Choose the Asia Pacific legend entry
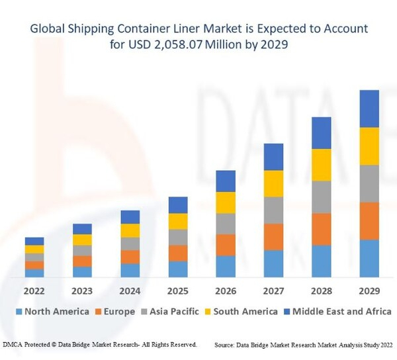(x=173, y=312)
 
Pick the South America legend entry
(x=244, y=312)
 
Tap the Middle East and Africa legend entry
(x=337, y=312)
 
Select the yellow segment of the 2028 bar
(x=321, y=165)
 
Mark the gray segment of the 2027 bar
(x=273, y=210)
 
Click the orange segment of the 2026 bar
(x=226, y=245)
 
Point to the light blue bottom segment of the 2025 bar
(x=178, y=269)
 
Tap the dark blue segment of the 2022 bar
(x=34, y=241)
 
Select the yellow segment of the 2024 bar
(x=130, y=230)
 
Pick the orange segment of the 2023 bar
(x=83, y=261)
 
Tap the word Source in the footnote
(x=226, y=345)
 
